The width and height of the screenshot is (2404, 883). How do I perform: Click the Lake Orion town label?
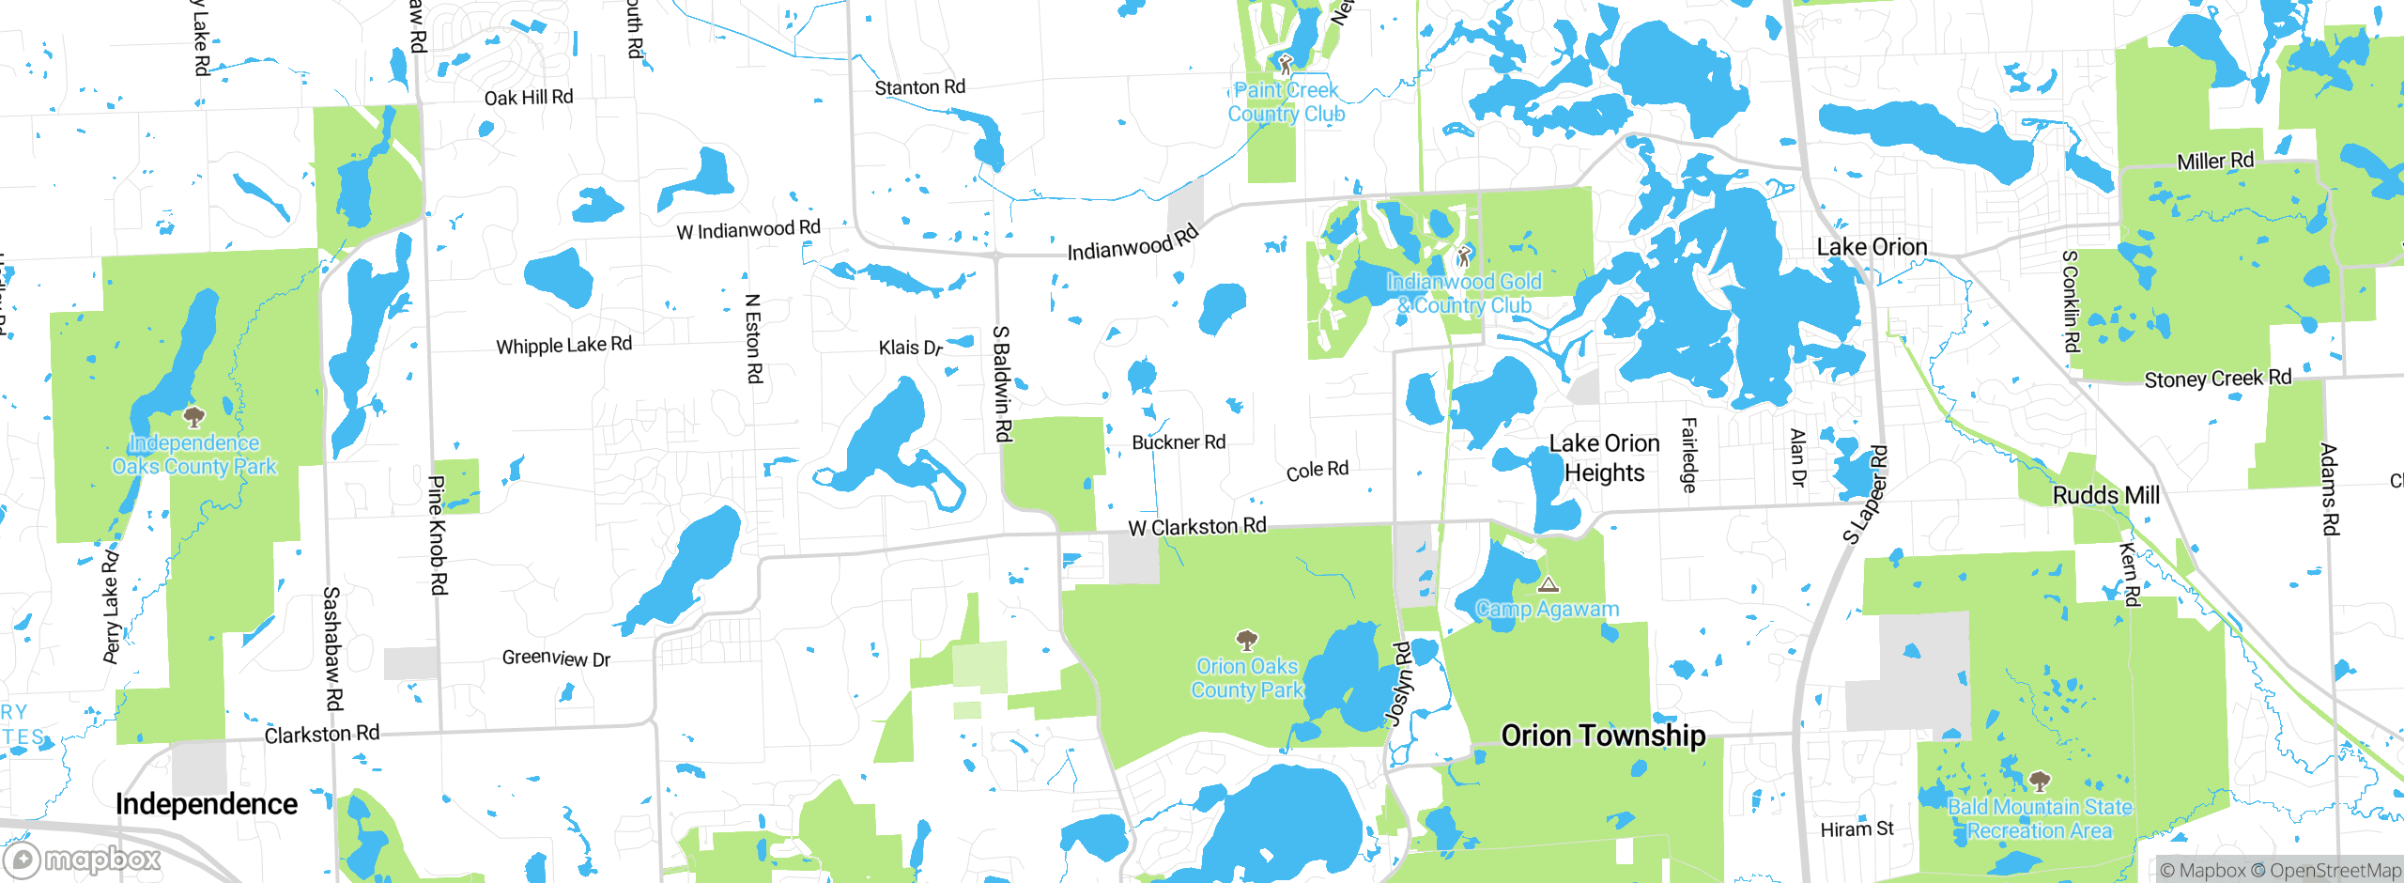(x=1872, y=247)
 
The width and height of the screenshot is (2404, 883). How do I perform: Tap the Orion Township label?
(x=1603, y=736)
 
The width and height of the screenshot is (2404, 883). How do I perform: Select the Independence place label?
(x=207, y=804)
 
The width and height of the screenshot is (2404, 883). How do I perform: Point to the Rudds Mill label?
(x=2106, y=495)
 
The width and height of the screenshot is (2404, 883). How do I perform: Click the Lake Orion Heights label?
(x=1604, y=457)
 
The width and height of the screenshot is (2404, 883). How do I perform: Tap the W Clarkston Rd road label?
(x=1197, y=527)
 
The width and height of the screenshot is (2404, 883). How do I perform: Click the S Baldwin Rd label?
(x=1003, y=383)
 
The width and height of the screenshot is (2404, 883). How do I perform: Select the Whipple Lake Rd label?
(x=563, y=346)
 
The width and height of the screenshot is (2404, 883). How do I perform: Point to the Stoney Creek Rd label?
(x=2217, y=379)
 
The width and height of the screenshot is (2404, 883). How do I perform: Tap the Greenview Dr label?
(x=556, y=658)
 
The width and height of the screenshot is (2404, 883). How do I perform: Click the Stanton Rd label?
(x=919, y=87)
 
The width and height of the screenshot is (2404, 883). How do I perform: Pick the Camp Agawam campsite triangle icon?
(x=1549, y=584)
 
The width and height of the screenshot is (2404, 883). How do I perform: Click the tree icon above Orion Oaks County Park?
(x=1246, y=641)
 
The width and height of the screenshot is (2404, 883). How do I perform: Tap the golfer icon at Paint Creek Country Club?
(x=1286, y=65)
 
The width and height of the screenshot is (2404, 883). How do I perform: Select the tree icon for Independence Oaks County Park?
(x=194, y=416)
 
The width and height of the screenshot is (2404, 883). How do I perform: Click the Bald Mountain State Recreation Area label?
(x=2040, y=819)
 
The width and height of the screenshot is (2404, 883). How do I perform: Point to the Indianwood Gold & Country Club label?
(x=1464, y=293)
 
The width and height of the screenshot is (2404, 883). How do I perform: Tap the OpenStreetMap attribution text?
(x=2335, y=871)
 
